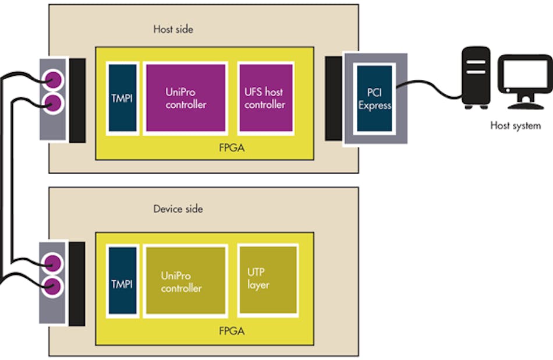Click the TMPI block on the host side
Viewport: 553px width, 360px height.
[x=122, y=97]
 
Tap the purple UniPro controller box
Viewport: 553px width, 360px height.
[x=185, y=97]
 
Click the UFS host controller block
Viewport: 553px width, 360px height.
[x=265, y=97]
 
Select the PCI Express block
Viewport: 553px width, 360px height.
[x=374, y=98]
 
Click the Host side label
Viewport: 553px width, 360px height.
[x=172, y=29]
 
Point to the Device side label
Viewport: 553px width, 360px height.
[x=178, y=209]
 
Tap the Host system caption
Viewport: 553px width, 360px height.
[x=515, y=125]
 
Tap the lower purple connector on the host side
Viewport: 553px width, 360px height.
[x=54, y=104]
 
